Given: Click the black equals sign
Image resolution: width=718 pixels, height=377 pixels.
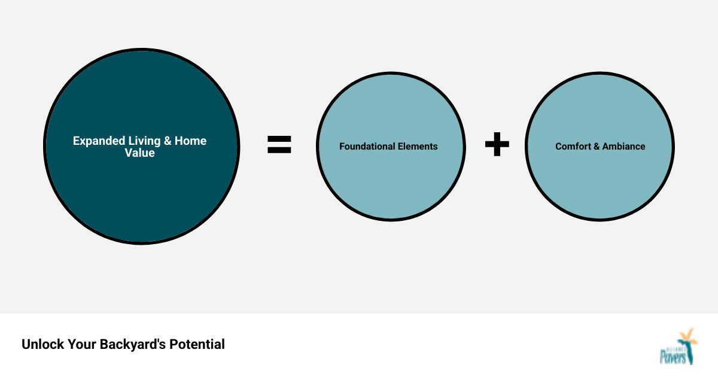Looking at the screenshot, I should click(x=279, y=145).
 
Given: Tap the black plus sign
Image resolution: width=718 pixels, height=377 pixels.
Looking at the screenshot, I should click(x=497, y=145).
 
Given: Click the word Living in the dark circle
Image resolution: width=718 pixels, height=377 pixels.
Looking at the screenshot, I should click(x=144, y=141).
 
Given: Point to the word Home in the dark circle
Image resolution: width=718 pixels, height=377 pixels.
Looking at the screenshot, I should click(x=191, y=141).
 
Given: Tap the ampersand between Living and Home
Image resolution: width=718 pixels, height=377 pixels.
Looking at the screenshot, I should click(x=168, y=141).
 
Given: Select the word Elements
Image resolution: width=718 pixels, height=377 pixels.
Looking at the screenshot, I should click(x=418, y=147).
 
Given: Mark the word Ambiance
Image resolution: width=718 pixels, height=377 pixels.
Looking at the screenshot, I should click(x=623, y=147).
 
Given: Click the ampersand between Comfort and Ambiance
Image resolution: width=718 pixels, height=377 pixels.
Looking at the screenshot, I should click(x=597, y=147).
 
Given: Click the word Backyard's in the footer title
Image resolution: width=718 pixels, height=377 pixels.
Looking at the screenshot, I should click(x=133, y=345).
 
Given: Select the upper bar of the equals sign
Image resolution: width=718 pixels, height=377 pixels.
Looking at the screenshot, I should click(x=279, y=139).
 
